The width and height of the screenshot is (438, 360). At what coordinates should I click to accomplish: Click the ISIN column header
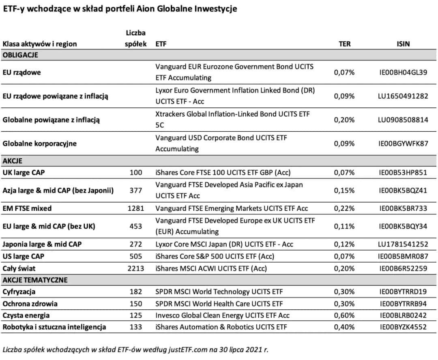pos(403,44)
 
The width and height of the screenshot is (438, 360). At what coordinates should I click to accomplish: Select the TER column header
pos(344,44)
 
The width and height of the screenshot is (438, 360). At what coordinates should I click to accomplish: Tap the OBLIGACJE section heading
pos(20,55)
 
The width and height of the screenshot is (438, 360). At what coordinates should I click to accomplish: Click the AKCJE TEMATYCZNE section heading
pos(35,280)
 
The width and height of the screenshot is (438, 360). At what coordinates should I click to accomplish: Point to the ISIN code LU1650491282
pos(403,96)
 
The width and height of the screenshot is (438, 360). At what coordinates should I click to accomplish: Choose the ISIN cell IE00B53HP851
pos(403,172)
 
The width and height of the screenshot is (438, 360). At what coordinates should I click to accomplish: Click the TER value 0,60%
pos(344,315)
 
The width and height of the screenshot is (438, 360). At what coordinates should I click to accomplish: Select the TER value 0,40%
pos(344,327)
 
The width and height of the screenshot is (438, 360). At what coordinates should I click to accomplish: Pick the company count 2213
pos(135,268)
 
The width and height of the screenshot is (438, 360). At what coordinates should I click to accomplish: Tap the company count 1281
pos(135,208)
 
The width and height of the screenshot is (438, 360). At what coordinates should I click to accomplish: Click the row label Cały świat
pos(19,268)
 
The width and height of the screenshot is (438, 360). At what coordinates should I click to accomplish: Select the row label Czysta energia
pos(26,315)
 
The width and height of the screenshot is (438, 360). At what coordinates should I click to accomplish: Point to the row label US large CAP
pos(24,256)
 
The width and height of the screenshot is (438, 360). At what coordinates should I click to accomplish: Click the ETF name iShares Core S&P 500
pos(215,256)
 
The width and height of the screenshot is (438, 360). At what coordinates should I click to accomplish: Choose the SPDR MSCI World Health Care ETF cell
pos(219,304)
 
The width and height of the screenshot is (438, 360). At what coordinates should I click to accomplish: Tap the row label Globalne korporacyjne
pos(39,144)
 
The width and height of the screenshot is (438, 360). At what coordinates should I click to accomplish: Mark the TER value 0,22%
pos(344,208)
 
